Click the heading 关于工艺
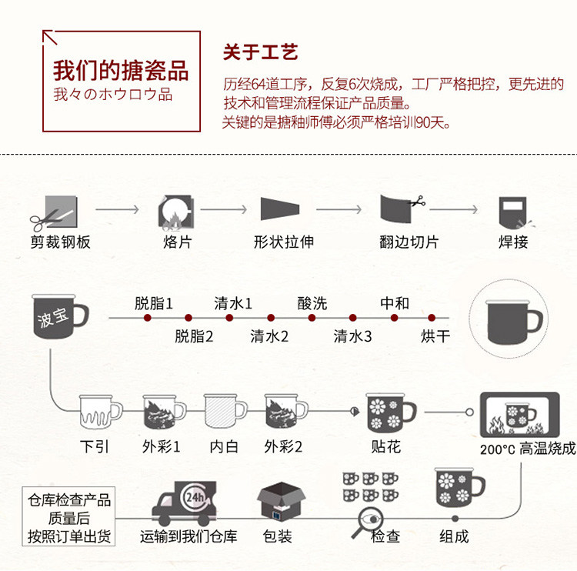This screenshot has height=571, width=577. pyautogui.click(x=260, y=52)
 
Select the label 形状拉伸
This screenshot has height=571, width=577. pyautogui.click(x=283, y=242)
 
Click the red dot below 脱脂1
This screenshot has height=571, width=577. pyautogui.click(x=148, y=317)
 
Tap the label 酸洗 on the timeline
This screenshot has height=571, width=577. pyautogui.click(x=312, y=304)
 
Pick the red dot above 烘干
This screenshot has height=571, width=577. pyautogui.click(x=432, y=317)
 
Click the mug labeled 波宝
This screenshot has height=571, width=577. pyautogui.click(x=59, y=316)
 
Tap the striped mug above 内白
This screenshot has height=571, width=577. pyautogui.click(x=225, y=411)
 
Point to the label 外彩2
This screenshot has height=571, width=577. pyautogui.click(x=283, y=446)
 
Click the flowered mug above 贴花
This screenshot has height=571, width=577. pyautogui.click(x=391, y=412)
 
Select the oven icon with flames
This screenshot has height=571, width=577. pyautogui.click(x=519, y=415)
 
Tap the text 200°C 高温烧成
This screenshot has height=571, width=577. pyautogui.click(x=527, y=449)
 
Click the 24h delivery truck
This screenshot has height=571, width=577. pyautogui.click(x=184, y=503)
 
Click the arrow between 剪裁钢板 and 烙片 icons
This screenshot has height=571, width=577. pyautogui.click(x=117, y=209)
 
